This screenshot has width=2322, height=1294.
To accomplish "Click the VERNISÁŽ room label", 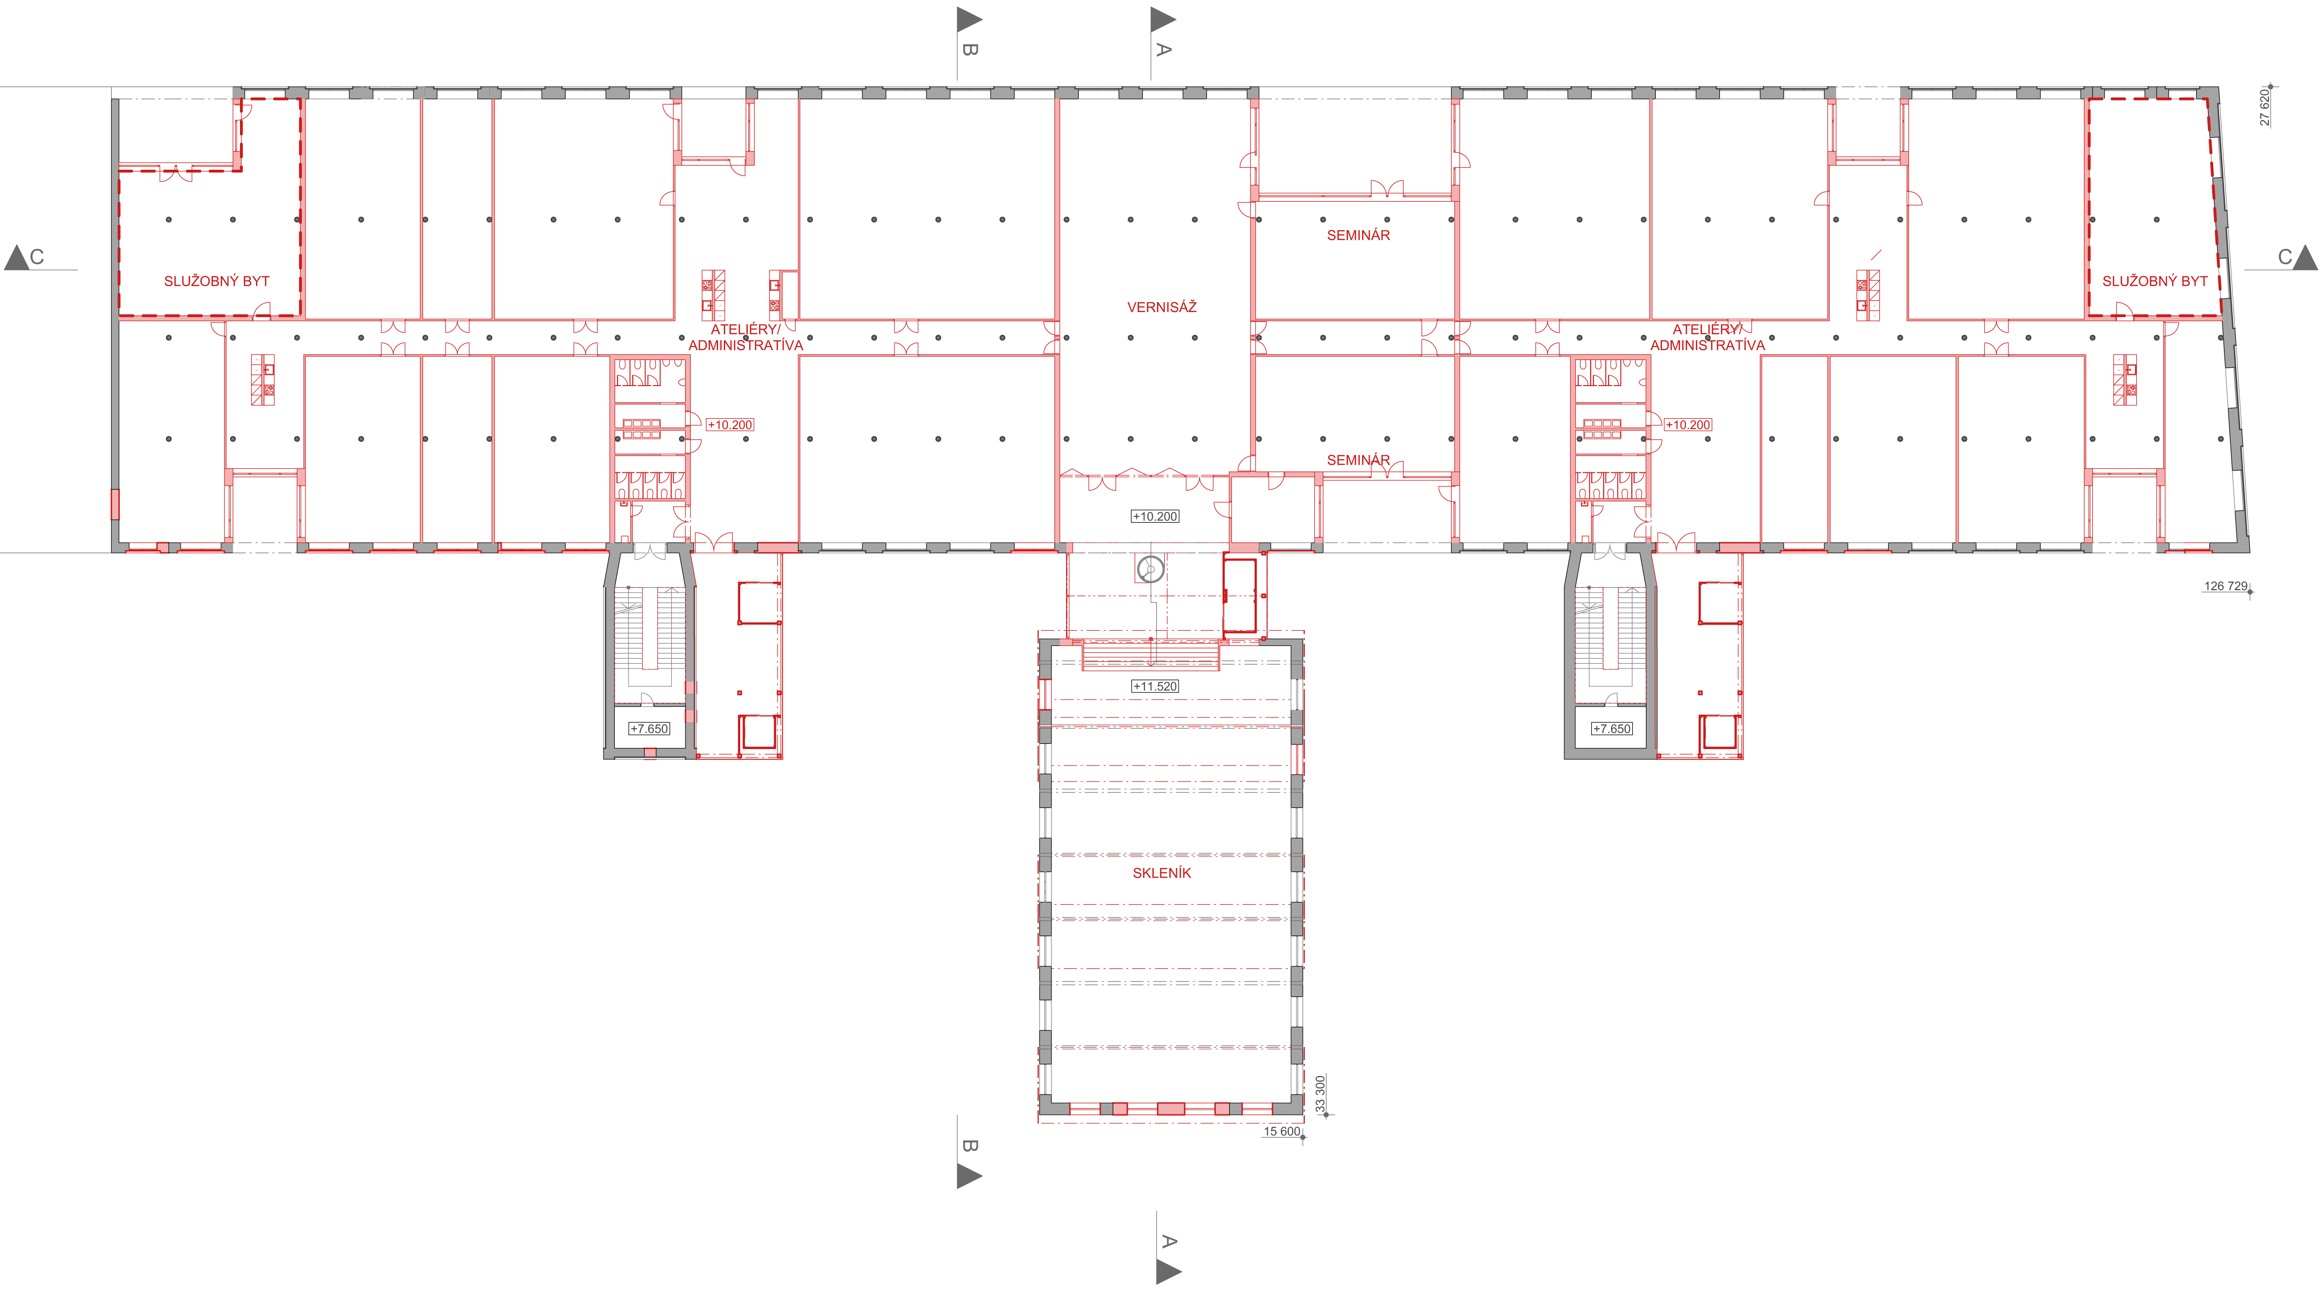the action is [1162, 307].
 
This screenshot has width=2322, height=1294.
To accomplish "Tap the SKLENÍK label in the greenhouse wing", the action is [1162, 873].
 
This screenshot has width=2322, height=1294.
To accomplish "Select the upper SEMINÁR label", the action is [1358, 235].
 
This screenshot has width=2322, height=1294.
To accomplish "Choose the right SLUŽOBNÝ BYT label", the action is [2155, 281].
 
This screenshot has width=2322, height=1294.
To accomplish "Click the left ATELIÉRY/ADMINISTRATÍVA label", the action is [745, 337].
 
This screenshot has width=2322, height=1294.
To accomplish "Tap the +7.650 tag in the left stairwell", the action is [650, 729].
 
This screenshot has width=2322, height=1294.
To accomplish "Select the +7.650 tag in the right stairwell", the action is [1611, 729].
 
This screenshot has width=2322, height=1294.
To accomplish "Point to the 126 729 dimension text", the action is [2225, 586].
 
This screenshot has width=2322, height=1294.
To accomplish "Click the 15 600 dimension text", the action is [1282, 1132].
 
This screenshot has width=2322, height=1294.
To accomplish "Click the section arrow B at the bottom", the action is [969, 1176].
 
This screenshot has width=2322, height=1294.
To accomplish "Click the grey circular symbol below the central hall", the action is [1150, 569].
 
